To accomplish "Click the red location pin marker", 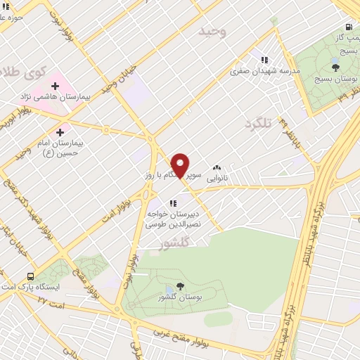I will [x=181, y=165].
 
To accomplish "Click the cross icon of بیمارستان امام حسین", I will [x=60, y=131].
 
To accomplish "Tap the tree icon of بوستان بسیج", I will [x=335, y=67].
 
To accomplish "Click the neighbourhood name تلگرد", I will [x=257, y=124].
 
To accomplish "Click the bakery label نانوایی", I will [x=218, y=179].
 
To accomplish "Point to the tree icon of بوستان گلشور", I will [x=180, y=285].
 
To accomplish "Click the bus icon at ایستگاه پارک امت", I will [x=30, y=276].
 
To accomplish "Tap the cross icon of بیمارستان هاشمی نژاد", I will [x=55, y=86].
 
